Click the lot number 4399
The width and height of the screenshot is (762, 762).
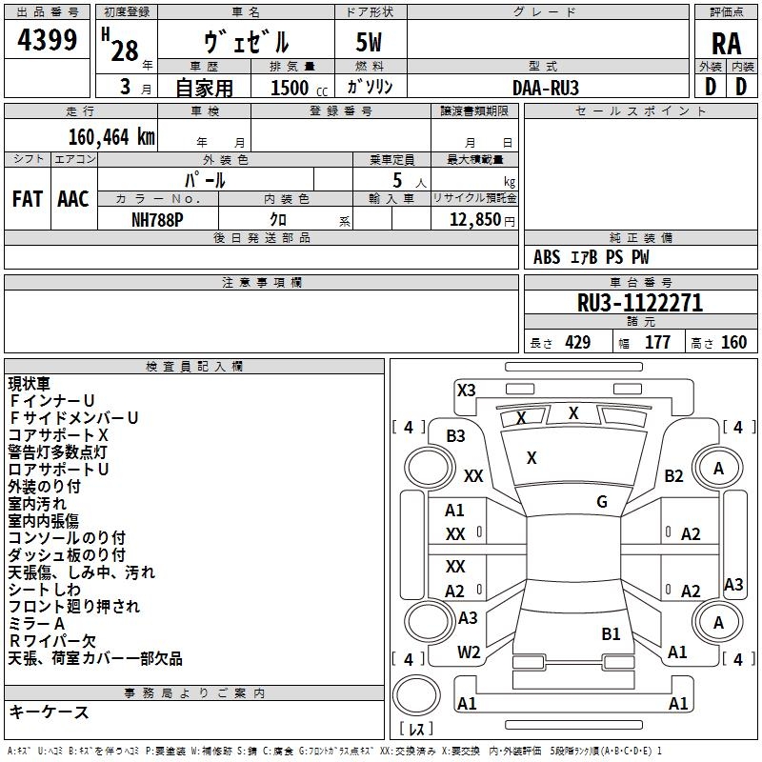coord(47,40)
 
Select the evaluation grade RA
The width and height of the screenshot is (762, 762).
coord(726,44)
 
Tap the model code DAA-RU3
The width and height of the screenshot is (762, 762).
coord(546,88)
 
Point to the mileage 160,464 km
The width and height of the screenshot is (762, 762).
coord(111,137)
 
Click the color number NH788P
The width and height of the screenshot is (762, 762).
coord(157,220)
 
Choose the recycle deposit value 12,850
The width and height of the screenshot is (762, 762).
coord(474,220)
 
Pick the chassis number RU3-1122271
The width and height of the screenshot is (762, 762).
coord(640,303)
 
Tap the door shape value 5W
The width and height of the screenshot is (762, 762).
coord(369,42)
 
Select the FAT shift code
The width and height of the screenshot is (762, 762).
coord(28,199)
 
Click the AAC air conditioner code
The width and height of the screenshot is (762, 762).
coord(73,199)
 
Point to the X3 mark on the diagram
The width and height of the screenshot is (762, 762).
coord(466,391)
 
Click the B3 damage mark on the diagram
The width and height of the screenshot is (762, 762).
coord(455,436)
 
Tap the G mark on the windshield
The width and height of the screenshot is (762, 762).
coord(602,502)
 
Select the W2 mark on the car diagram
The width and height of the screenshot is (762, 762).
coord(469,652)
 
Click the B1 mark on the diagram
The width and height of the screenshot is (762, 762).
coord(611,633)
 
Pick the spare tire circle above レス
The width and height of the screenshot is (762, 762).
coord(416,695)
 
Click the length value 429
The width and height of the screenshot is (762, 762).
coord(577,343)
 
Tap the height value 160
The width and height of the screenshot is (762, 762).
coord(733,343)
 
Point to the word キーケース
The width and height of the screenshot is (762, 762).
coord(49,712)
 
